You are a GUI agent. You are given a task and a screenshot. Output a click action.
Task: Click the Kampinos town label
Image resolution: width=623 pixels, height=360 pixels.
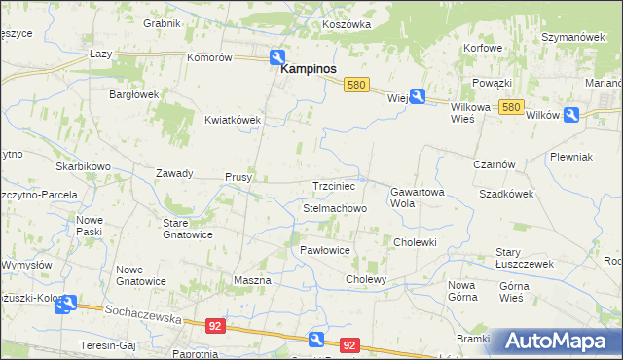click(x=309, y=70)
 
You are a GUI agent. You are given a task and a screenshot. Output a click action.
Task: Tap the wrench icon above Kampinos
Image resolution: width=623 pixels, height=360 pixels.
click(x=278, y=57)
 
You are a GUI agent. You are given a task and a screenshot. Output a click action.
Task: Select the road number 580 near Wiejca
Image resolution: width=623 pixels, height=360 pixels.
click(x=356, y=86)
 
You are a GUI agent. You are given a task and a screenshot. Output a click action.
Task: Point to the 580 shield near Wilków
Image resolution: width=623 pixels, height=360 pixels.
click(x=513, y=107)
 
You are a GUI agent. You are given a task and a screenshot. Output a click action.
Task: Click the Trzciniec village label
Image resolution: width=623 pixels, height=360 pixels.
click(x=335, y=185)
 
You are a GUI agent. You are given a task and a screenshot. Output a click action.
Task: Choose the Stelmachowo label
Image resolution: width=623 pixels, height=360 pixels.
click(x=335, y=208)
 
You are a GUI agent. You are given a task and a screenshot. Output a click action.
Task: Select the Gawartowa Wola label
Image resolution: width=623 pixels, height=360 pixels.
click(x=418, y=198)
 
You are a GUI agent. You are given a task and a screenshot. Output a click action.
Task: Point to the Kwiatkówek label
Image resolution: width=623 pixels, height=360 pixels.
click(x=233, y=120)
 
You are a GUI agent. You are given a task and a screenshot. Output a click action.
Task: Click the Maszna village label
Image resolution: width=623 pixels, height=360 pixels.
click(x=252, y=280)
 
